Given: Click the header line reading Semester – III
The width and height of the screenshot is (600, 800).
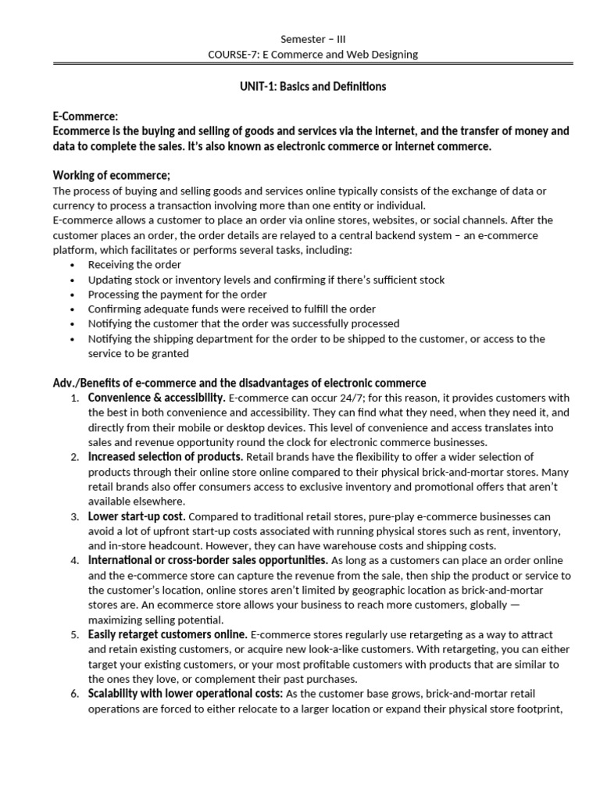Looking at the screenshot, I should coord(312,39).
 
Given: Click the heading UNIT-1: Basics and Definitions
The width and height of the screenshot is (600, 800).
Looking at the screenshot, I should coord(312,86).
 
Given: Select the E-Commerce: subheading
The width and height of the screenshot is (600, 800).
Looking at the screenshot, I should coord(85,116).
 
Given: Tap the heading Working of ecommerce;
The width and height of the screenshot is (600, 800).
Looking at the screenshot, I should coord(111,175).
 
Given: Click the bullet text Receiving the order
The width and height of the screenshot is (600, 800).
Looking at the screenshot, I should coord(134,265).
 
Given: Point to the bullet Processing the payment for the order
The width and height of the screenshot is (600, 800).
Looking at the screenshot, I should coord(177,295).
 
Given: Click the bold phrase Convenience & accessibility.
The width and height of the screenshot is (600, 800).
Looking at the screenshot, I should coord(156,398).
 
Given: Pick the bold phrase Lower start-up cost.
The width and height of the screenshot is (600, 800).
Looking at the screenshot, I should coord(137,516).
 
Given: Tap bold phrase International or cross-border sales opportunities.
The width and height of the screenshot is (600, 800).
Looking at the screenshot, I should coord(208,560).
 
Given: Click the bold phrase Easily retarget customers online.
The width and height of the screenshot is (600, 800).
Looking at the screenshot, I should coord(168,634).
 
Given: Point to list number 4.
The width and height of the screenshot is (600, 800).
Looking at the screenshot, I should coord(74,561).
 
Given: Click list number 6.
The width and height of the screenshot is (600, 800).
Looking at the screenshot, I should coord(74,694).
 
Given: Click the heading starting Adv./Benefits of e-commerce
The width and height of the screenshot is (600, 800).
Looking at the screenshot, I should coord(239,383).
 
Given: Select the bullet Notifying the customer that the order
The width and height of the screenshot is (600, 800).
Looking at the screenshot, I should coord(244,323).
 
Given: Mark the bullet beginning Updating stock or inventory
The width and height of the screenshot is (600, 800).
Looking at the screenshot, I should coord(266,280).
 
